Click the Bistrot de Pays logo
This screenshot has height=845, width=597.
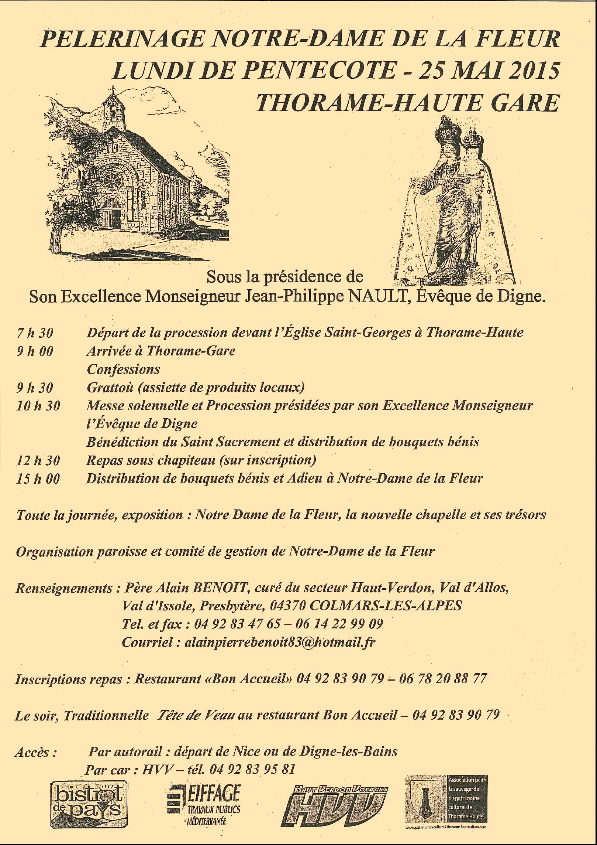(89, 804)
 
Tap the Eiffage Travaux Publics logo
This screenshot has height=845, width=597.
(204, 804)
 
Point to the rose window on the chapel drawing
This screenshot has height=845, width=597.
(114, 181)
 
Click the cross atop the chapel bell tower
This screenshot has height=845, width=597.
(113, 89)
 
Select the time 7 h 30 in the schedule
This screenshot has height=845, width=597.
(35, 333)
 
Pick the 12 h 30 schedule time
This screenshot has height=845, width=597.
(38, 460)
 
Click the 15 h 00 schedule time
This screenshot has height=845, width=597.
(38, 479)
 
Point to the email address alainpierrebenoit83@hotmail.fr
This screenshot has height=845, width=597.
(280, 642)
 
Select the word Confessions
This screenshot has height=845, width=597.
(123, 369)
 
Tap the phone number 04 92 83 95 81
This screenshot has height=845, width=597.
(252, 769)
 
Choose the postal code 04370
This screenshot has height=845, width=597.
(288, 606)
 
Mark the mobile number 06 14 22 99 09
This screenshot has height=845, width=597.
(339, 624)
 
